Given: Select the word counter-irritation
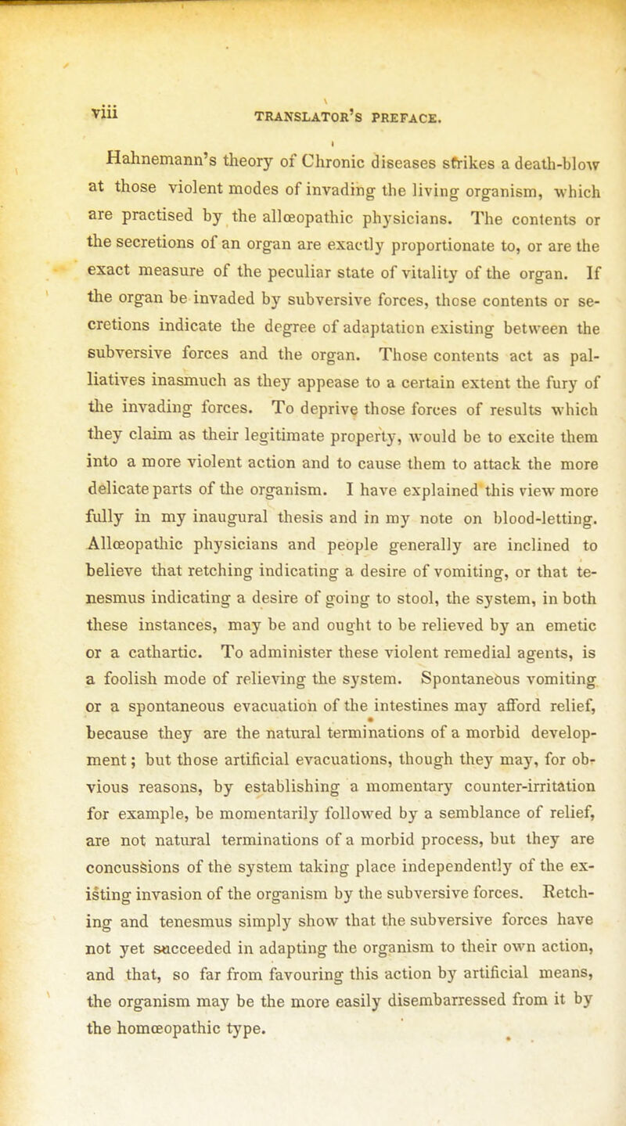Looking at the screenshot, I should pyautogui.click(x=515, y=800).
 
